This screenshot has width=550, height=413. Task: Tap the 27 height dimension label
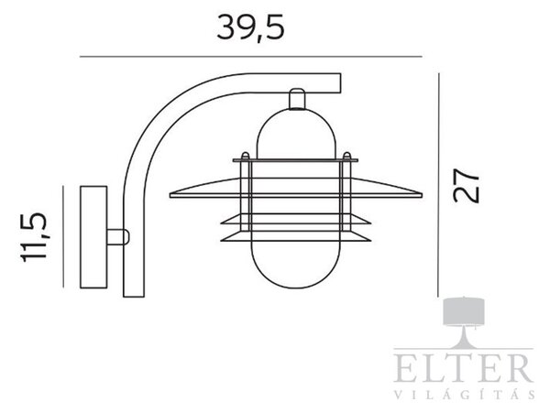(466, 185)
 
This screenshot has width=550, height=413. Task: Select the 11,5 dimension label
(34, 237)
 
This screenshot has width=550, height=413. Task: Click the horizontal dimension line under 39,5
(250, 57)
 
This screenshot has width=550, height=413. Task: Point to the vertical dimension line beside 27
(438, 185)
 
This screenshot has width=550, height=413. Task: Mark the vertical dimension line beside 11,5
(63, 237)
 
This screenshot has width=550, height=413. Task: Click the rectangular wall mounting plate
(93, 237)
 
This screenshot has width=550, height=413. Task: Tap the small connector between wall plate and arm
(118, 237)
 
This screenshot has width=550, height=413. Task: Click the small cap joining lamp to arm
(297, 99)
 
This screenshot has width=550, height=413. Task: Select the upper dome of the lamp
(296, 134)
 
